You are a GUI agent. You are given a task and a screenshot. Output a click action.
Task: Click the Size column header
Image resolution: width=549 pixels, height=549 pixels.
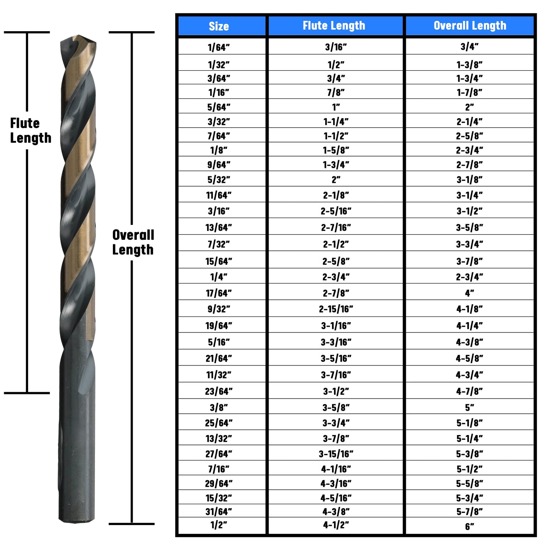(x=219, y=26)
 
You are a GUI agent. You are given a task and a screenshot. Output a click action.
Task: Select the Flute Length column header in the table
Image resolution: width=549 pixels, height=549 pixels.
(x=334, y=26)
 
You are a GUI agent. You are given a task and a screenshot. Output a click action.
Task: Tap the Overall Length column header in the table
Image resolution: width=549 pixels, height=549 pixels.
(x=470, y=26)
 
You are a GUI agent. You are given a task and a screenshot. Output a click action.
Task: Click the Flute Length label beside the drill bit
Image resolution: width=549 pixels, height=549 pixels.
(x=30, y=130)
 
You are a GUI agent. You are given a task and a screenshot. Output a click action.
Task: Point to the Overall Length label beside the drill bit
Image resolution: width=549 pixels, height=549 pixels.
(x=133, y=242)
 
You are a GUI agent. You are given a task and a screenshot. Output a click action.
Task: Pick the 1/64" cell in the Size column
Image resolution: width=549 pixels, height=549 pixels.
(x=219, y=47)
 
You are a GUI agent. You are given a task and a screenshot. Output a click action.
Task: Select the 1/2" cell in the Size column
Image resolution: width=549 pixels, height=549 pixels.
(x=219, y=525)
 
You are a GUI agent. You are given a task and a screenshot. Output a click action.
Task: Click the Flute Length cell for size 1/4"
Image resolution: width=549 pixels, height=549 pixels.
(x=336, y=277)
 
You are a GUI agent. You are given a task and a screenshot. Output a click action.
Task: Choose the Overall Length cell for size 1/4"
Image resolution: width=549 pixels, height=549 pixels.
(x=470, y=277)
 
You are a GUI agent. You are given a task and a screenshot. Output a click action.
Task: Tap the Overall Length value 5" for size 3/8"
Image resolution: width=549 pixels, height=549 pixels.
(x=470, y=408)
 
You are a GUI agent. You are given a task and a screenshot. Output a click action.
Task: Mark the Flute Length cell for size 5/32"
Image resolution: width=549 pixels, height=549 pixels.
(x=336, y=179)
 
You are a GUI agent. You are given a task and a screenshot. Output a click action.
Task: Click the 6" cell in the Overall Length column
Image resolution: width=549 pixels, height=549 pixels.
(x=470, y=527)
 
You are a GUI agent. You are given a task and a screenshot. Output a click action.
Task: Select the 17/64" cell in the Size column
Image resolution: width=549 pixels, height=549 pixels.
(x=219, y=293)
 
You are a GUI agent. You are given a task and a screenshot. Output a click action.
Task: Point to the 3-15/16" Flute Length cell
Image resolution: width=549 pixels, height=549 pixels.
(x=336, y=454)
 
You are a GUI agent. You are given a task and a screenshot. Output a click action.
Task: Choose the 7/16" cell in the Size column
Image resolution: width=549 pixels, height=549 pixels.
(x=219, y=469)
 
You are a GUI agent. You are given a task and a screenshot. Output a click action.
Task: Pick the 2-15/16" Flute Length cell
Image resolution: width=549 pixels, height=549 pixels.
(x=336, y=309)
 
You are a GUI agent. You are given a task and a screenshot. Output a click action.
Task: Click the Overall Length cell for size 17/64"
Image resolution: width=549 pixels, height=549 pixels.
(x=470, y=293)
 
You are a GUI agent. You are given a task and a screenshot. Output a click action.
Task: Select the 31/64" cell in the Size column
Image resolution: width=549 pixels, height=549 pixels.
(x=219, y=512)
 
